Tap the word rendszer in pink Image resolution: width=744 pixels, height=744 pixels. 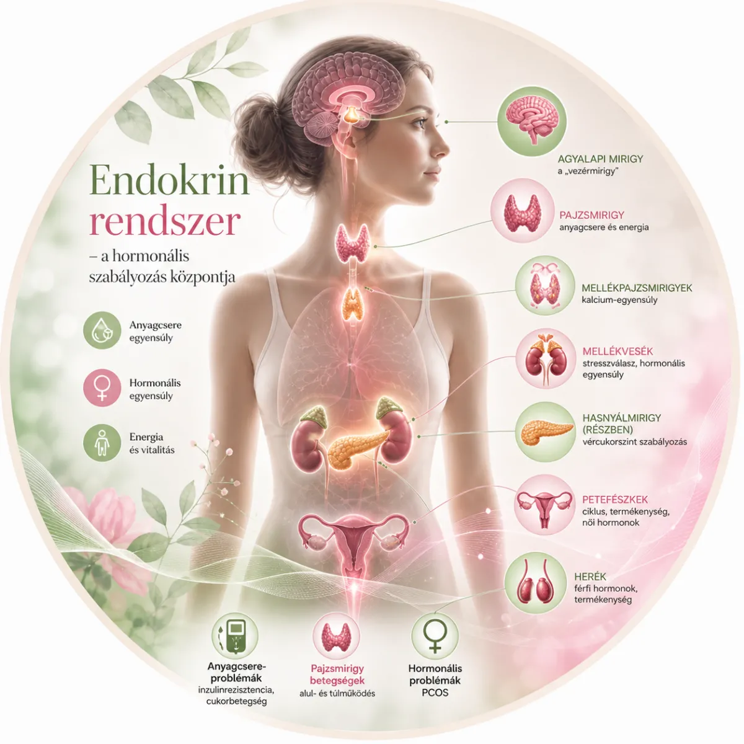[165, 222]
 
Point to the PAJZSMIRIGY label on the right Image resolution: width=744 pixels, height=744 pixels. [591, 215]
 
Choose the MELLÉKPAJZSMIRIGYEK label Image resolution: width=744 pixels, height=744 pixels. [637, 288]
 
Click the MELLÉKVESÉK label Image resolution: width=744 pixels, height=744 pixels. [618, 352]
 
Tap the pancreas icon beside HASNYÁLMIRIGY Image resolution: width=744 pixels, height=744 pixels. [546, 432]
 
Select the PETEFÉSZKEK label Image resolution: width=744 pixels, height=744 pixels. [615, 500]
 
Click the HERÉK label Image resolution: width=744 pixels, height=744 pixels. [590, 577]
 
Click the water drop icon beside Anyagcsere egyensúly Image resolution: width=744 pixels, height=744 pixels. [102, 331]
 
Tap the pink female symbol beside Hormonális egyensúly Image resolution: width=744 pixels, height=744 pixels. [102, 388]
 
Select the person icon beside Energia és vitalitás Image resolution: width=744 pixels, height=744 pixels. [102, 443]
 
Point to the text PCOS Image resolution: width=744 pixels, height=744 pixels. [435, 693]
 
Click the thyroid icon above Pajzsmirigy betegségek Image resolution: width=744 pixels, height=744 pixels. [335, 637]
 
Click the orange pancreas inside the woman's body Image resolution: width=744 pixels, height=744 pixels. [357, 447]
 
